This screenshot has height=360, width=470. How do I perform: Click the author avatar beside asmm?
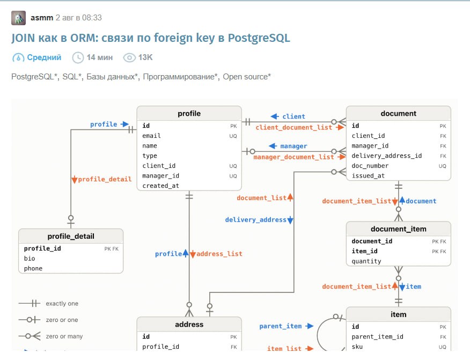(18, 18)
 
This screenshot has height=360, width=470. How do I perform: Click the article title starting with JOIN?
(151, 38)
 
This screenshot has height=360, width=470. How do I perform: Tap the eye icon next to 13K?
(129, 57)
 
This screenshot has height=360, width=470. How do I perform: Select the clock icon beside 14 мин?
(78, 57)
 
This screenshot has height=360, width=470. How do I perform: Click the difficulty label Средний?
(44, 57)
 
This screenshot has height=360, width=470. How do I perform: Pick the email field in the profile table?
(151, 136)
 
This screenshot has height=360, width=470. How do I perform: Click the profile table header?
(189, 113)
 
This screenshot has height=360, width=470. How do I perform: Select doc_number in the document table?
(370, 166)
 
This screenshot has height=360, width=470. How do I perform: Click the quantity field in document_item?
(366, 261)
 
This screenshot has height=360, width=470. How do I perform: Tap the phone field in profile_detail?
(33, 268)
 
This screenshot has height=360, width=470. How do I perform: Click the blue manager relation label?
(293, 146)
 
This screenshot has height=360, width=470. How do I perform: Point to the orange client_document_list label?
(294, 127)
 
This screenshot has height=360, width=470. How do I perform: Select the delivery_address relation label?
(256, 220)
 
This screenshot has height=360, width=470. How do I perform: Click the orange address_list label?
(219, 254)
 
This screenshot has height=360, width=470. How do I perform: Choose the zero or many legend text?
(64, 336)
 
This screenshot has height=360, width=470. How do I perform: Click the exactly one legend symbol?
(30, 303)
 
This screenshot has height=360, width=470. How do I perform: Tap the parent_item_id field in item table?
(377, 336)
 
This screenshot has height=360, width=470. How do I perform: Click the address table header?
(189, 325)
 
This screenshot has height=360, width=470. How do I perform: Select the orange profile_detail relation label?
(105, 179)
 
